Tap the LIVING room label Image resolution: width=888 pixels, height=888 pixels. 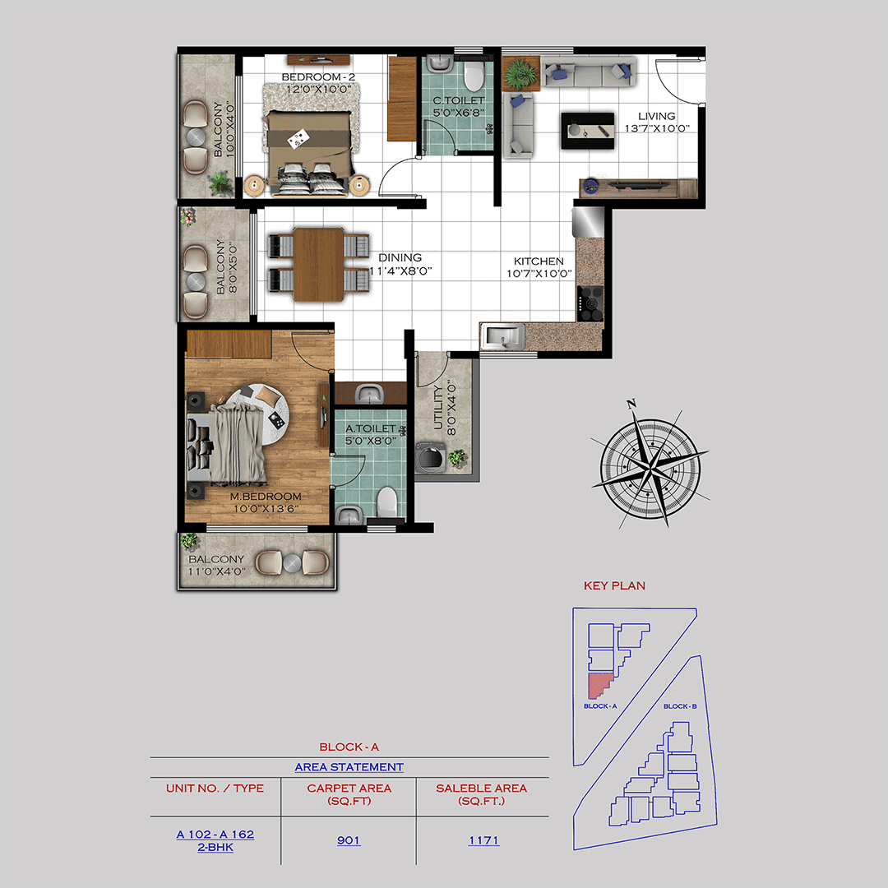click(656, 117)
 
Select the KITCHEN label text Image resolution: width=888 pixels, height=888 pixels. click(539, 261)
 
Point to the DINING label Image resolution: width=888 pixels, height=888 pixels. click(400, 257)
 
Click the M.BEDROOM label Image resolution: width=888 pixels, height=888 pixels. click(265, 497)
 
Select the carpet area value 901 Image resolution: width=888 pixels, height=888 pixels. click(349, 840)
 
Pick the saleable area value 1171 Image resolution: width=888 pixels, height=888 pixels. click(483, 840)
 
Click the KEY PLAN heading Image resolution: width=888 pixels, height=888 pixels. click(614, 586)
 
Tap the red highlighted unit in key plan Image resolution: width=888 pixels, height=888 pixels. click(598, 686)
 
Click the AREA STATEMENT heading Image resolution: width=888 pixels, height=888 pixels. click(349, 767)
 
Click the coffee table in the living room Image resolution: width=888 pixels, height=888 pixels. click(587, 131)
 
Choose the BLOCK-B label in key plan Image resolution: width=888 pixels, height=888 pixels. click(679, 707)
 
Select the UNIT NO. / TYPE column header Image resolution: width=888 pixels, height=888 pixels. click(215, 788)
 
